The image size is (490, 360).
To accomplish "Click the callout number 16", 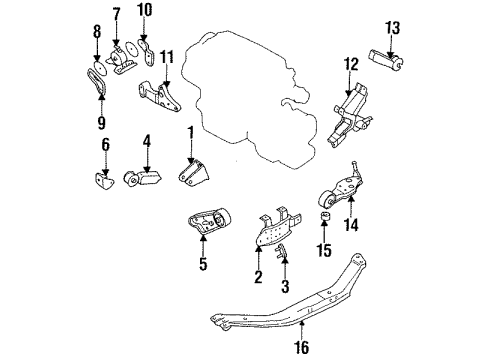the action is (x=302, y=347).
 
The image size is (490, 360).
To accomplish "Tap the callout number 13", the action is (x=393, y=28).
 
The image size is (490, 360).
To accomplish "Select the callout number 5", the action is (x=203, y=263).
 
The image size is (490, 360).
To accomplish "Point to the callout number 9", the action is (x=102, y=122).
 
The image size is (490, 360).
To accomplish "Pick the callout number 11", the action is (x=167, y=57).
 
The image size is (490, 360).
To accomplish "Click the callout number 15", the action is (x=324, y=250).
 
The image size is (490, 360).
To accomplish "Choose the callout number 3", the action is (x=285, y=286).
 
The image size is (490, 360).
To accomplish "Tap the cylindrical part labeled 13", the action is (x=386, y=59).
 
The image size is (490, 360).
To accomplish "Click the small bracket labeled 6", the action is (x=104, y=181).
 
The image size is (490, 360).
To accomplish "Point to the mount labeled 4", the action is (x=142, y=178).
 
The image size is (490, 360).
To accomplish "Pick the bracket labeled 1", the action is (x=194, y=172).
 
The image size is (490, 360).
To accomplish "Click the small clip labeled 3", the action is (x=282, y=251).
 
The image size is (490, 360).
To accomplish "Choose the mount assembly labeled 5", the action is (x=209, y=221).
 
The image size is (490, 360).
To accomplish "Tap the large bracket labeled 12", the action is (x=350, y=116).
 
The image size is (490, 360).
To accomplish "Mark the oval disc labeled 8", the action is (x=100, y=69).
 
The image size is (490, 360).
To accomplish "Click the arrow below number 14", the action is (x=351, y=207).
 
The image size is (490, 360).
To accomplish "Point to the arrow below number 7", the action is (x=116, y=32).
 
